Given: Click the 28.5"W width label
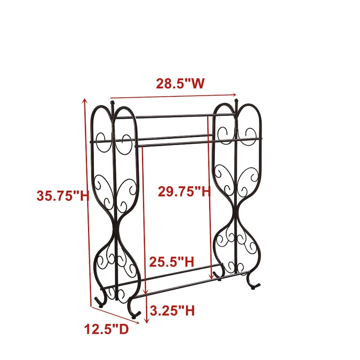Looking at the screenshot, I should pyautogui.click(x=180, y=84).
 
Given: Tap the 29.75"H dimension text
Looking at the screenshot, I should pyautogui.click(x=184, y=192).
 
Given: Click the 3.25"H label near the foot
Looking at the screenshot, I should pyautogui.click(x=172, y=310).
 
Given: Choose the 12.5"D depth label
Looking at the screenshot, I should pyautogui.click(x=106, y=329).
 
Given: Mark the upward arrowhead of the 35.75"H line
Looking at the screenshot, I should pyautogui.click(x=84, y=102).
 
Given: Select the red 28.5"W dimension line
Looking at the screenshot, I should pyautogui.click(x=173, y=95).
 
